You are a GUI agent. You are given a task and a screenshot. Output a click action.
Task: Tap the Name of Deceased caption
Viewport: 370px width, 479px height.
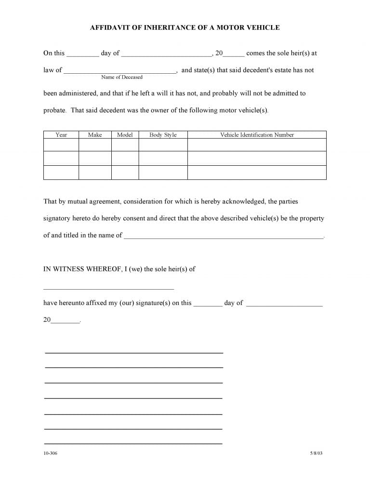[122, 77]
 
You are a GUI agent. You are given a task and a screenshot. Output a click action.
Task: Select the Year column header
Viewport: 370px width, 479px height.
[61, 135]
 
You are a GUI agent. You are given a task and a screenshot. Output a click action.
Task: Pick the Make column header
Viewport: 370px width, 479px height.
[95, 135]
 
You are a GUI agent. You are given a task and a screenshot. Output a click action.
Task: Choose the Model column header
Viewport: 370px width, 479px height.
[125, 135]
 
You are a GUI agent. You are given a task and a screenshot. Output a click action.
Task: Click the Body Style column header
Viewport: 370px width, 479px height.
[163, 135]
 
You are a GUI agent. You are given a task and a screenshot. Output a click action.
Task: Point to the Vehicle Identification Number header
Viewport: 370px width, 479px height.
[257, 135]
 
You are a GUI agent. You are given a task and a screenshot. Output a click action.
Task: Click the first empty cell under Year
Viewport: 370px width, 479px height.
[61, 145]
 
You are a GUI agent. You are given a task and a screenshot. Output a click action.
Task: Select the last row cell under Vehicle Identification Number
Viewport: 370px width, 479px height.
[257, 173]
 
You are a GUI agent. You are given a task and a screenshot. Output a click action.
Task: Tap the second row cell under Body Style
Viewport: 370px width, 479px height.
[163, 159]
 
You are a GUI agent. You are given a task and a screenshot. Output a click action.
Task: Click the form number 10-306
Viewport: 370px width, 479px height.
[50, 453]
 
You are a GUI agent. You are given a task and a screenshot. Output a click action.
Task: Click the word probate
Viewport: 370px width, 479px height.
[54, 110]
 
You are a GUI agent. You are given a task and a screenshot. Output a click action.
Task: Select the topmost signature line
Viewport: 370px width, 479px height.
[134, 353]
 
